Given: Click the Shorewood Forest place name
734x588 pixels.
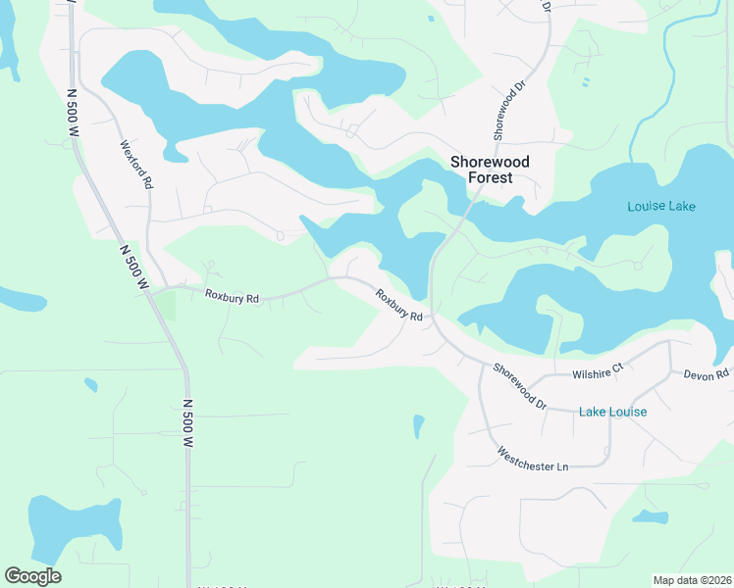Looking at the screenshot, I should pos(490,170).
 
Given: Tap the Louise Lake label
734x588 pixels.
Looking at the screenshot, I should pos(661,206).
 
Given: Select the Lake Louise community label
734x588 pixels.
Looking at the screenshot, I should pos(612,412).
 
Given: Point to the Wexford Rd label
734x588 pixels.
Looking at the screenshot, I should pos(136,164).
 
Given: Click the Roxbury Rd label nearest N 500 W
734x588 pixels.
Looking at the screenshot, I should pos(232,296).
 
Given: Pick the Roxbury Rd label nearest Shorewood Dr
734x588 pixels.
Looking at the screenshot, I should pos(398,306).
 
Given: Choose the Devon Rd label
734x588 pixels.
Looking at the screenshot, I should pos(707,374).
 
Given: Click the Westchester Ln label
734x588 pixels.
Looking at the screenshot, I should pos(533,460).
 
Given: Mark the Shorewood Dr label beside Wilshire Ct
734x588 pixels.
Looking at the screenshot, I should pos(520,385).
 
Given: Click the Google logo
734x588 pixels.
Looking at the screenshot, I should pos(32,576).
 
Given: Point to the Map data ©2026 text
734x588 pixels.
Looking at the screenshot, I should pos(692,580).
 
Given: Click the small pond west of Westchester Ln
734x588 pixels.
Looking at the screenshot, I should pos(419,426).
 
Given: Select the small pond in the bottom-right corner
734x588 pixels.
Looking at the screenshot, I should pos(650,516).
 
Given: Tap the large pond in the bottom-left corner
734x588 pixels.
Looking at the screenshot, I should pos(74,526).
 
